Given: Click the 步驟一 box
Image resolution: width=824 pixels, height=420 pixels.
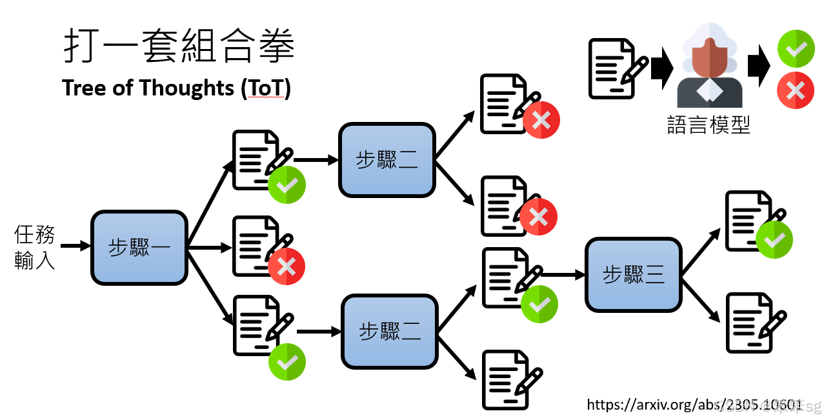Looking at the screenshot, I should pyautogui.click(x=139, y=248).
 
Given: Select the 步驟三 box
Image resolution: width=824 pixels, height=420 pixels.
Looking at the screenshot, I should pyautogui.click(x=633, y=275).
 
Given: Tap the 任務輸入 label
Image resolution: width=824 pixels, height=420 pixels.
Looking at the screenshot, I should pyautogui.click(x=35, y=247).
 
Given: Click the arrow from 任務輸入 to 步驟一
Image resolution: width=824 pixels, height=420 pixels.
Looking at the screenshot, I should pyautogui.click(x=76, y=246).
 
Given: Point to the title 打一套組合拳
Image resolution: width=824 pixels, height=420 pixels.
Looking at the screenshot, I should pyautogui.click(x=179, y=46).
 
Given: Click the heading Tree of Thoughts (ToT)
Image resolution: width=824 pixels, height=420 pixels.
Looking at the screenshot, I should pyautogui.click(x=176, y=88).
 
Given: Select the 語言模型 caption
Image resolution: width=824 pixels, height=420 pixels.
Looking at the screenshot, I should pyautogui.click(x=708, y=124).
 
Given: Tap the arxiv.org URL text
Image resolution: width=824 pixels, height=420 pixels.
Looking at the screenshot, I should pyautogui.click(x=694, y=405).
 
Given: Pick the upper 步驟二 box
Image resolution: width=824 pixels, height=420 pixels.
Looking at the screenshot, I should pyautogui.click(x=387, y=160).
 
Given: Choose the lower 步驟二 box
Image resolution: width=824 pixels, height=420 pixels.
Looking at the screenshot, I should pyautogui.click(x=390, y=331).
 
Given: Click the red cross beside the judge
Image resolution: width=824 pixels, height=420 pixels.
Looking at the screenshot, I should pyautogui.click(x=796, y=90).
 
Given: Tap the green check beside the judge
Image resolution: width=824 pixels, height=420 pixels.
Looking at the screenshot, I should pyautogui.click(x=796, y=48).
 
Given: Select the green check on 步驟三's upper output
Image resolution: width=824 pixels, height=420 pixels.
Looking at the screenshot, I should pyautogui.click(x=774, y=240).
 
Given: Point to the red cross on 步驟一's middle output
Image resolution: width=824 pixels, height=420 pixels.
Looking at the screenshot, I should pyautogui.click(x=286, y=266).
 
